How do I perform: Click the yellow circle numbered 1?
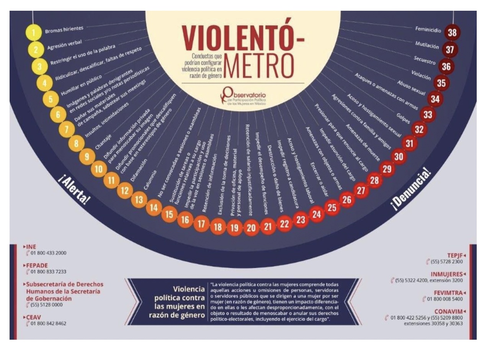[34, 33]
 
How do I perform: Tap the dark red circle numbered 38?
[452, 33]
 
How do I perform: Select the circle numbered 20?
[251, 228]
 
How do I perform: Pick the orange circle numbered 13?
[139, 200]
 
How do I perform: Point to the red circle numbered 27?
[361, 190]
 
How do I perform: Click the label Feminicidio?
[428, 29]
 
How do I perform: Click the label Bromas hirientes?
[64, 29]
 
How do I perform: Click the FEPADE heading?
[37, 265]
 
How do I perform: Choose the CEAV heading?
[33, 317]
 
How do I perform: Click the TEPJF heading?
[454, 255]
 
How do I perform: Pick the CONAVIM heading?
[448, 311]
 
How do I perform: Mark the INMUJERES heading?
[447, 274]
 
